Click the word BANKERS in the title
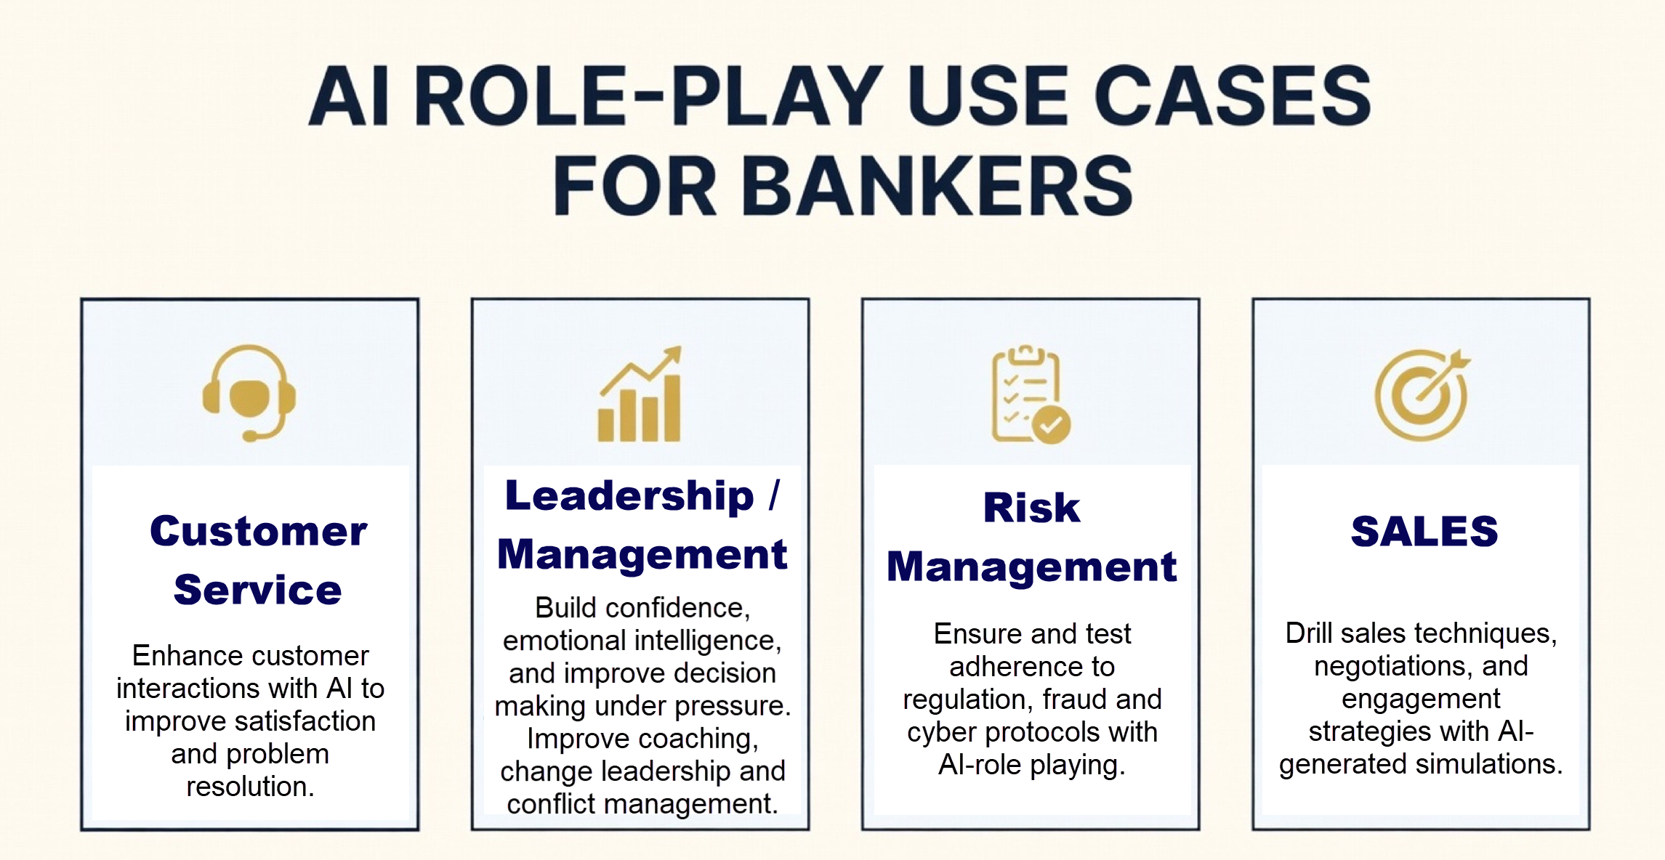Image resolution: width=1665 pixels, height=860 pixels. [936, 186]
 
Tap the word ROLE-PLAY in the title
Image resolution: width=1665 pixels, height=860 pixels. [648, 96]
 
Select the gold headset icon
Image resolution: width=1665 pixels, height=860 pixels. [249, 393]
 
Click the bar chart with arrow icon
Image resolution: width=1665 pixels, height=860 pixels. [640, 394]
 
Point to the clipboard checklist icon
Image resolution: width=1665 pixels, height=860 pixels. [1031, 394]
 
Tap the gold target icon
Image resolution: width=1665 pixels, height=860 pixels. [1422, 394]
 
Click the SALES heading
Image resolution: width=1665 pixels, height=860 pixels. [1424, 531]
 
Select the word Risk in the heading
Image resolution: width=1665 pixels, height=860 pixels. [1031, 507]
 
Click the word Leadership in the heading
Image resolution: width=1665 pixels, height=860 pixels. [629, 496]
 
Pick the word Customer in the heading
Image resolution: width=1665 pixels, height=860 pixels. [258, 531]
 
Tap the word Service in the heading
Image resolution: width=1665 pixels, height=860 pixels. [257, 589]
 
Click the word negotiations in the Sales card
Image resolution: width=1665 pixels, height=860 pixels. [1390, 667]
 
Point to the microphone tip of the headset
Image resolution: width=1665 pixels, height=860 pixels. [250, 436]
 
